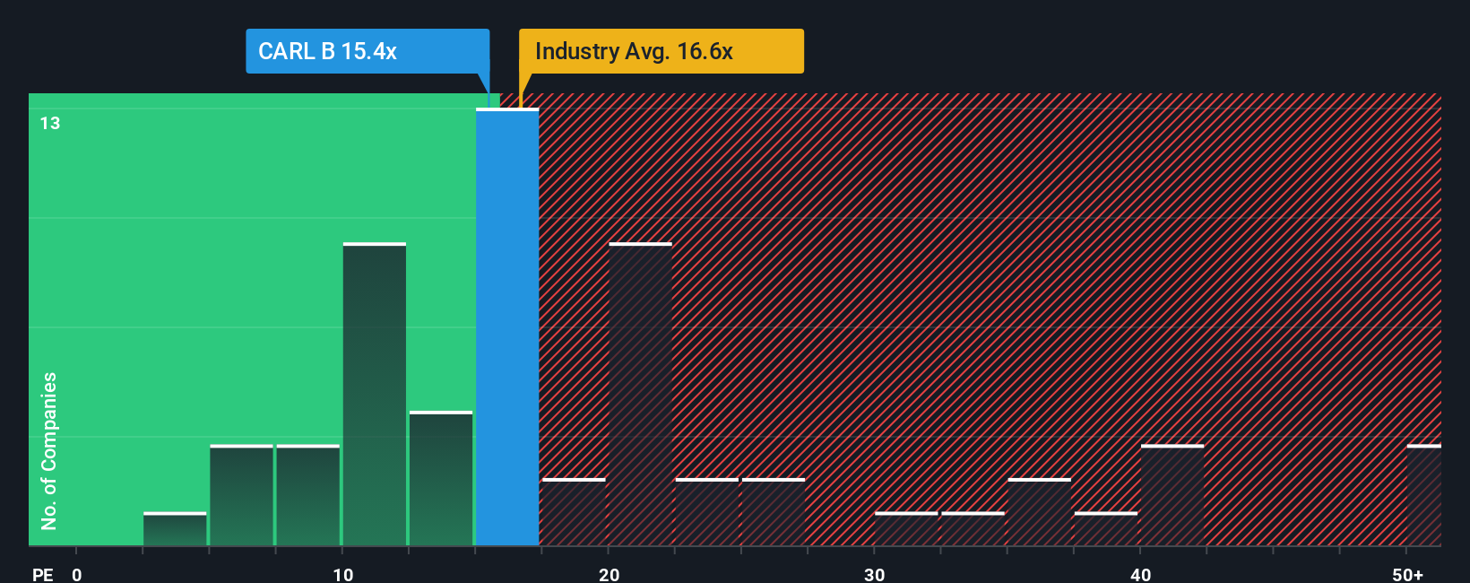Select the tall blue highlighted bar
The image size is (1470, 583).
click(x=507, y=327)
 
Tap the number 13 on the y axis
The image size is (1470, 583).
click(x=50, y=123)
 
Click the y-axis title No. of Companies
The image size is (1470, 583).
click(x=49, y=450)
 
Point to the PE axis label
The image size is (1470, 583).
click(x=43, y=575)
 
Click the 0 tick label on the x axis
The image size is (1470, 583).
click(x=77, y=575)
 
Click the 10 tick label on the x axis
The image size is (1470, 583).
click(x=343, y=575)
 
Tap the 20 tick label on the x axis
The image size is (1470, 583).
click(x=610, y=575)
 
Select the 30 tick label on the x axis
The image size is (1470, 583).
click(x=875, y=575)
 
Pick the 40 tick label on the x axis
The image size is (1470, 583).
click(x=1140, y=575)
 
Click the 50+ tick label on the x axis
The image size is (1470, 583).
click(x=1408, y=575)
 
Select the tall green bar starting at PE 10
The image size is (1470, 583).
click(x=375, y=395)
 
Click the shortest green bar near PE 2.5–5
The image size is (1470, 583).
click(x=175, y=529)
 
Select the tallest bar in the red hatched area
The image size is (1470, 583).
click(x=640, y=395)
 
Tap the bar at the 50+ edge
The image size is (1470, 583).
click(x=1423, y=495)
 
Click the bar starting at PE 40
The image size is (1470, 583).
click(x=1172, y=495)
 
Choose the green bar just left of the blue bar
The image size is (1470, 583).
click(x=441, y=479)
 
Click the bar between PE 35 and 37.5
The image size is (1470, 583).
click(x=1040, y=512)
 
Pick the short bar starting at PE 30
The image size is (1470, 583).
click(x=906, y=529)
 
